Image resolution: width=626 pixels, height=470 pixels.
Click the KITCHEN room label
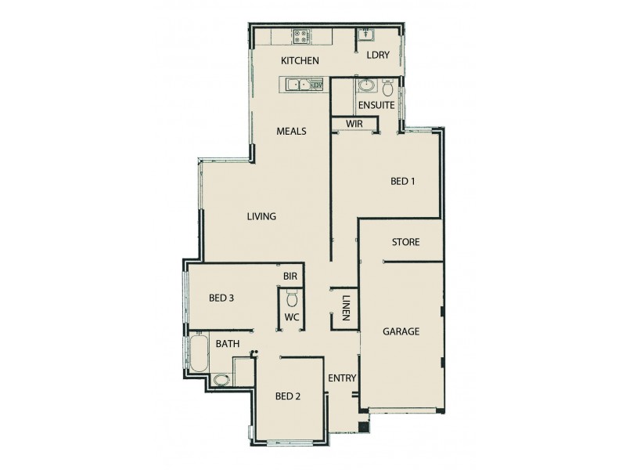300,60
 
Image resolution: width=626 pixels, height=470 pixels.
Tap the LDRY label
379,55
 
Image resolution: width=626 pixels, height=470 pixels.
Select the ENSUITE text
376,105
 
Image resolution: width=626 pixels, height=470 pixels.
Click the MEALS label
291,132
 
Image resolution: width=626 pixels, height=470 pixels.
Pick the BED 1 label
402,182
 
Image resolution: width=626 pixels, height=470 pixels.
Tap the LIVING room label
261,217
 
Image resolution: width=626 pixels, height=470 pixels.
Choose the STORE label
405,242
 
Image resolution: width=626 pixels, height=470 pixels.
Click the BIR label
290,277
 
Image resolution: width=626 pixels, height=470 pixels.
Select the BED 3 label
222,298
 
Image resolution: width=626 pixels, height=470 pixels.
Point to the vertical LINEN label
345,307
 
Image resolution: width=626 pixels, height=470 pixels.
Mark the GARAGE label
401,331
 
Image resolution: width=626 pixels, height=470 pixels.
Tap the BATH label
228,344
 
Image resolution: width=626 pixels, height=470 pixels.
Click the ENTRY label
342,378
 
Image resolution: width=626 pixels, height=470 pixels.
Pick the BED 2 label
288,396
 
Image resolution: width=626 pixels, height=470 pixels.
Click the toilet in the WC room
292,298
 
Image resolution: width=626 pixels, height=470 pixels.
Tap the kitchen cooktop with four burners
302,36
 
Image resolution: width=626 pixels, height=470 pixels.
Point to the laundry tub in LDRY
366,34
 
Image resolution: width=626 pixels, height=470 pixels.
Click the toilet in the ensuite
387,88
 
